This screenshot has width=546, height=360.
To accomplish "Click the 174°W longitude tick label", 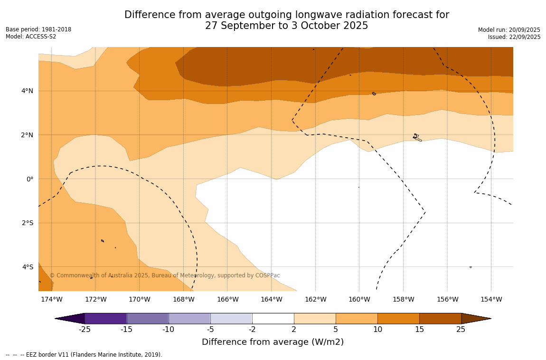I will point(51,300).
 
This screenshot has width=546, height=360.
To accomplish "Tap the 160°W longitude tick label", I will point(359,300).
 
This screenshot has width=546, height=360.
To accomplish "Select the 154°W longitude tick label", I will point(491,300).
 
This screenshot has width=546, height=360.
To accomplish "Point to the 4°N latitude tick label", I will point(27,91).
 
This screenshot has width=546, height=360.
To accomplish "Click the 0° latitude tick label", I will point(30,179).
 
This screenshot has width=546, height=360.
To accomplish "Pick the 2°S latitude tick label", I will point(27,223).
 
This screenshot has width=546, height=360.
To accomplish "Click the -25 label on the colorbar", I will point(85,330).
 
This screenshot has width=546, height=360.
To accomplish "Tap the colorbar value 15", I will point(419,330).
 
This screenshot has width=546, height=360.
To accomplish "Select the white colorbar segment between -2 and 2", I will point(273,319).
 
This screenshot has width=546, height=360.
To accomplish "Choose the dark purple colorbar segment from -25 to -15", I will point(105,319).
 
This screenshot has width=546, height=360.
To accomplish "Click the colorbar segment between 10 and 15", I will point(398,319).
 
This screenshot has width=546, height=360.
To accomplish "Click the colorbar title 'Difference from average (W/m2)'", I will point(273,342).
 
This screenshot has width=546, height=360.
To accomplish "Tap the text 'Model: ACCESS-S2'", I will point(31,37).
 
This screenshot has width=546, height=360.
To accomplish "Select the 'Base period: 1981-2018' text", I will point(38,29).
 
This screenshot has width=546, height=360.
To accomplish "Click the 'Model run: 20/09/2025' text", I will point(509,30).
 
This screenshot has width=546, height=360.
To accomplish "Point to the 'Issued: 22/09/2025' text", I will point(514,37).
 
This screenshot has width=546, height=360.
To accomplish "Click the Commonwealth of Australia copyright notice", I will point(165,275).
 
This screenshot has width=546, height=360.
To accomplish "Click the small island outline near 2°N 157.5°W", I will point(416,137).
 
